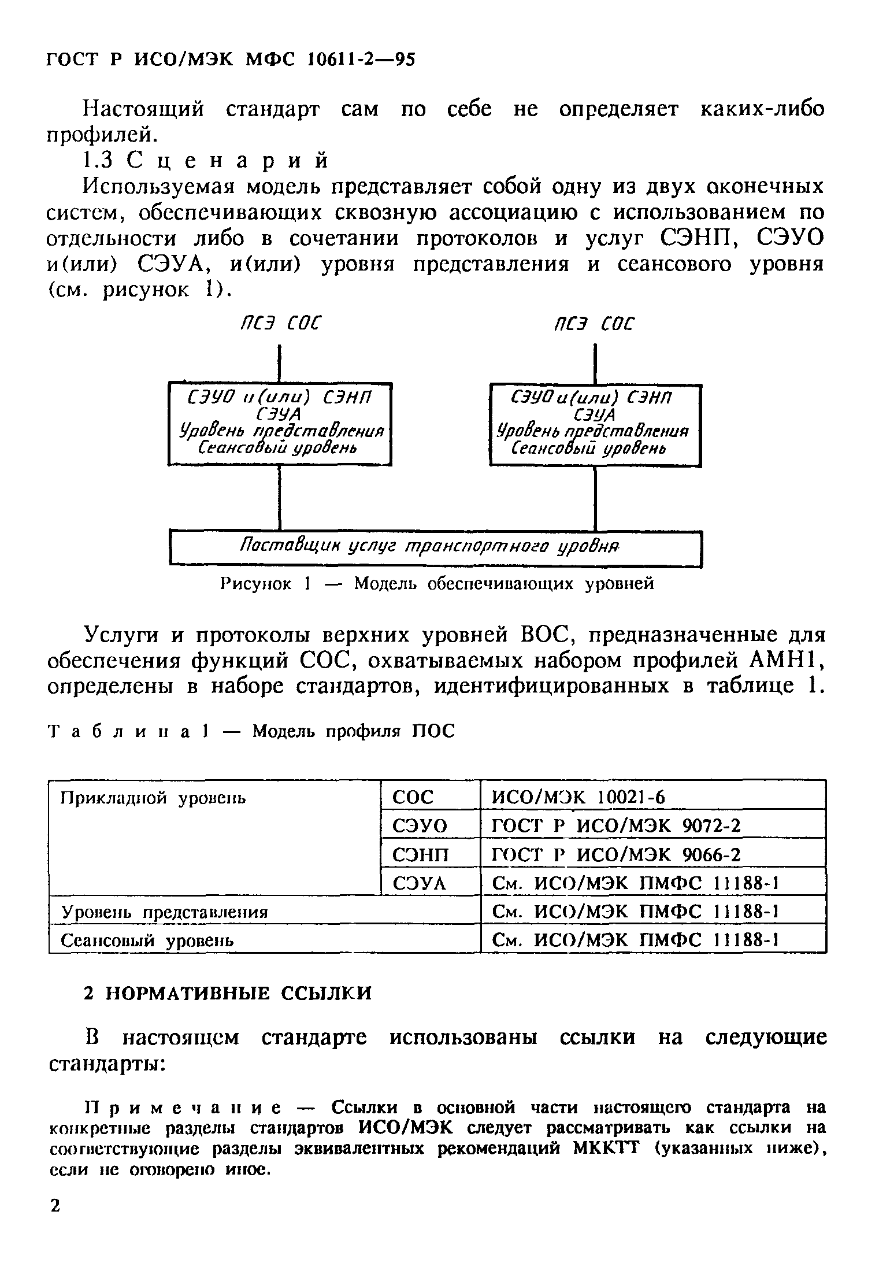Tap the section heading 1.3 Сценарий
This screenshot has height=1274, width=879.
[x=205, y=160]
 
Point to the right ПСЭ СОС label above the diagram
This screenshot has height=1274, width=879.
[x=594, y=324]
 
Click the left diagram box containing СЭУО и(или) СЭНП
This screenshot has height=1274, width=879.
[x=280, y=423]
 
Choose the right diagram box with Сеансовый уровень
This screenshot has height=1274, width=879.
[x=595, y=424]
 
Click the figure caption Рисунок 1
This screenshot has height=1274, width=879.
[x=437, y=584]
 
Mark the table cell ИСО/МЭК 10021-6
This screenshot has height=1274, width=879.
[x=578, y=798]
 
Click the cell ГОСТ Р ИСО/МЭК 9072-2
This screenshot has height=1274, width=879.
[x=615, y=826]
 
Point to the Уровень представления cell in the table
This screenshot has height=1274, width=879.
[x=165, y=912]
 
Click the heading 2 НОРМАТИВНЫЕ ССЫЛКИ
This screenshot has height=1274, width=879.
[x=228, y=993]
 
